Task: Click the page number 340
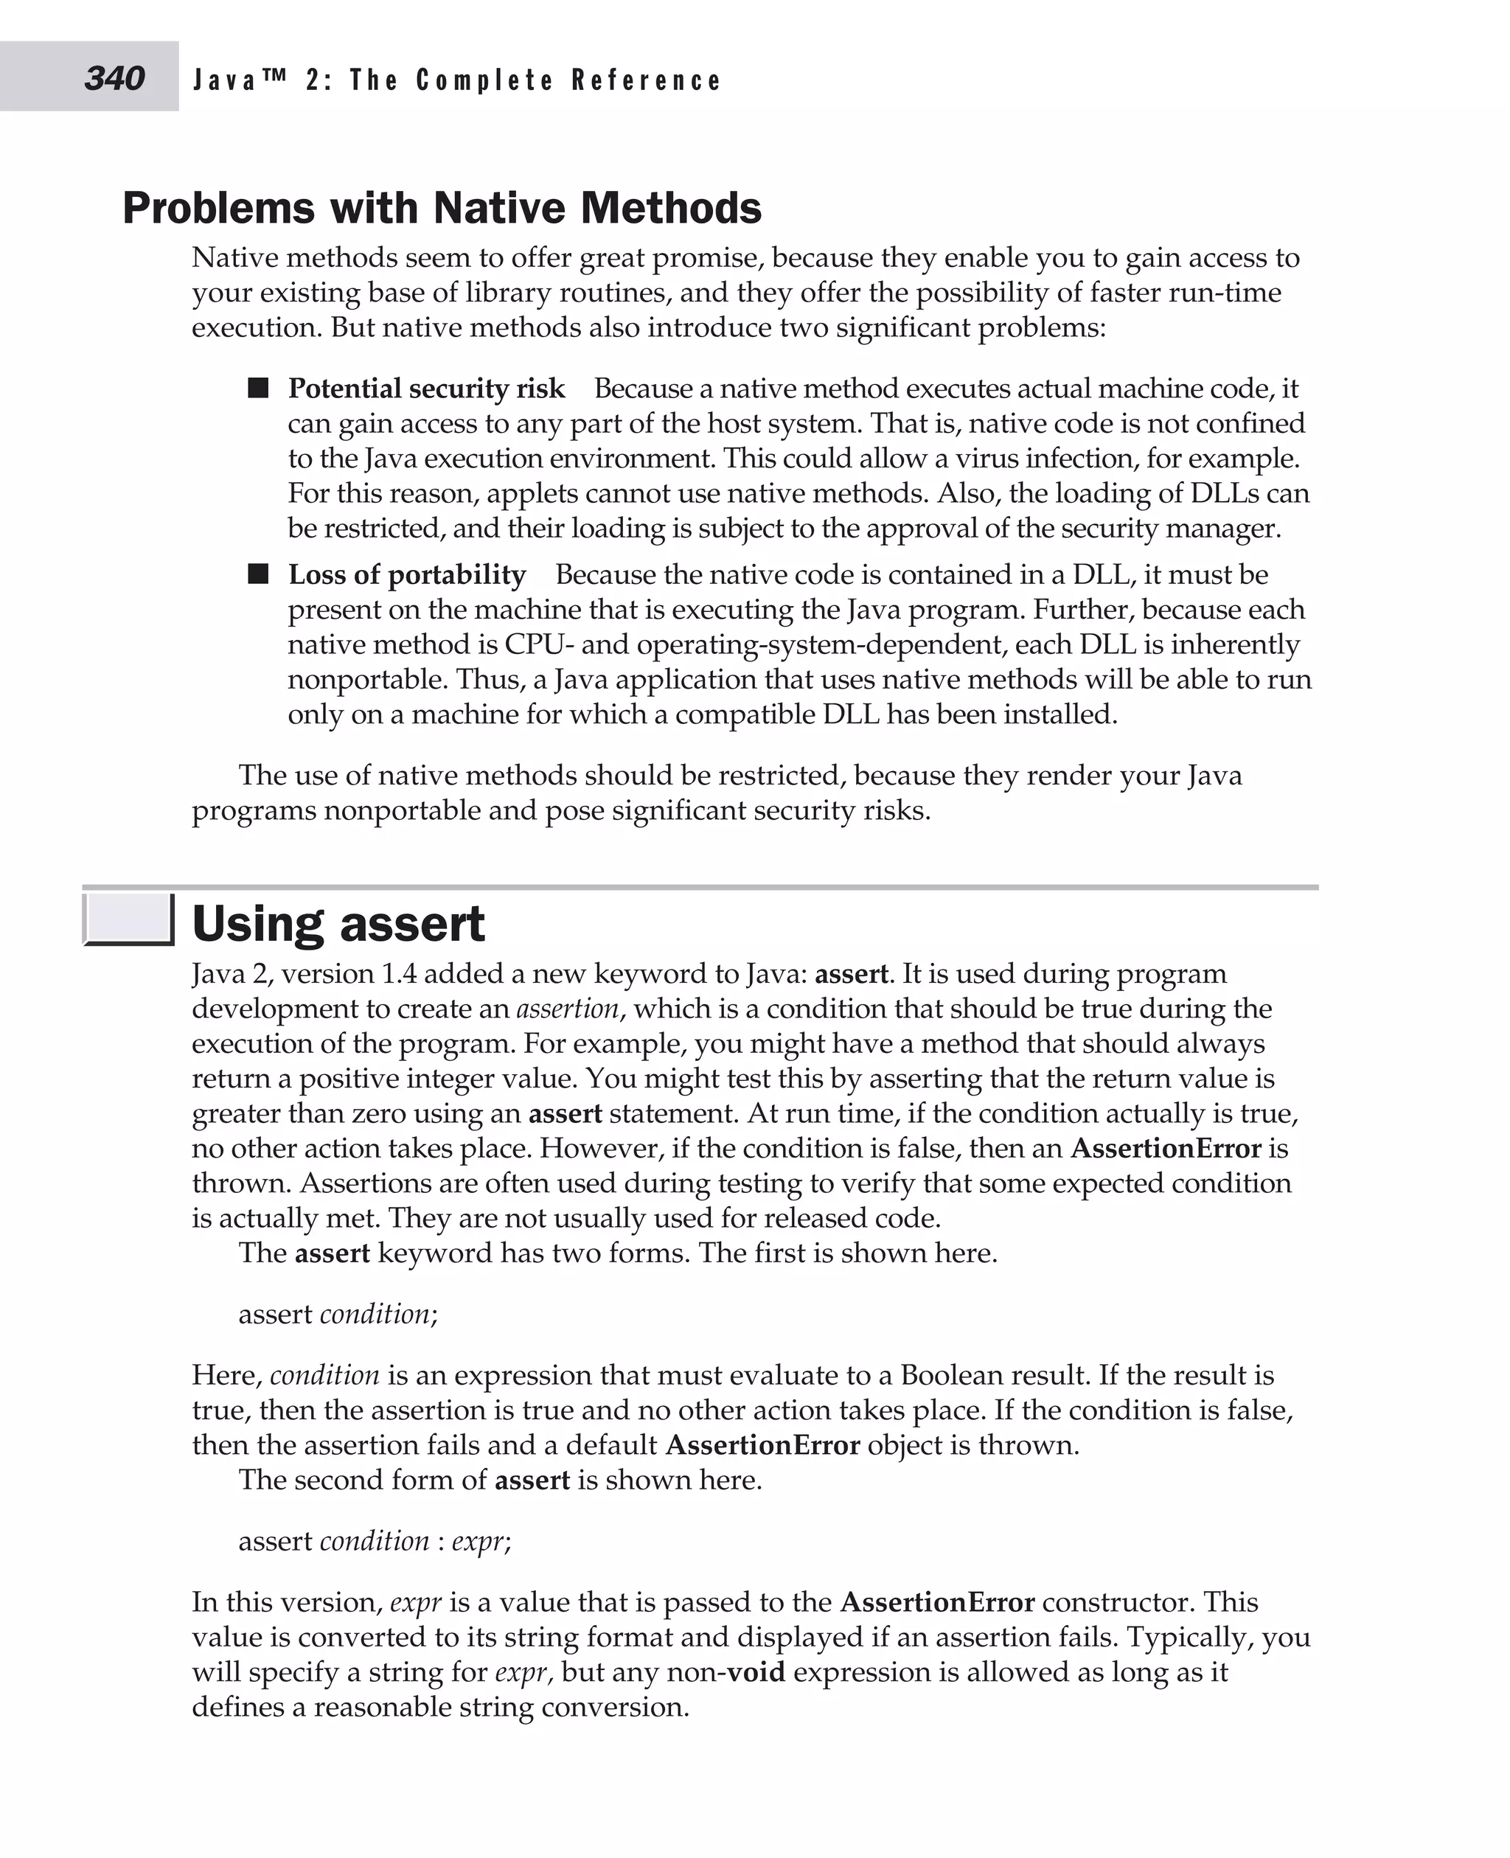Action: [114, 78]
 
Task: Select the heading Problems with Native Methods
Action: [442, 208]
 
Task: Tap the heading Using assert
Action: [338, 924]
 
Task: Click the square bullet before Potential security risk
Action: [258, 388]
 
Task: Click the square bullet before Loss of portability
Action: [258, 574]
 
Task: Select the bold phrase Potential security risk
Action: [426, 388]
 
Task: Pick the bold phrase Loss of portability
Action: [407, 575]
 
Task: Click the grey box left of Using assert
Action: [128, 919]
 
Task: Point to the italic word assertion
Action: [567, 1009]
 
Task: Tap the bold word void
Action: [756, 1672]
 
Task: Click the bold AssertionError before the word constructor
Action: [938, 1602]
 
